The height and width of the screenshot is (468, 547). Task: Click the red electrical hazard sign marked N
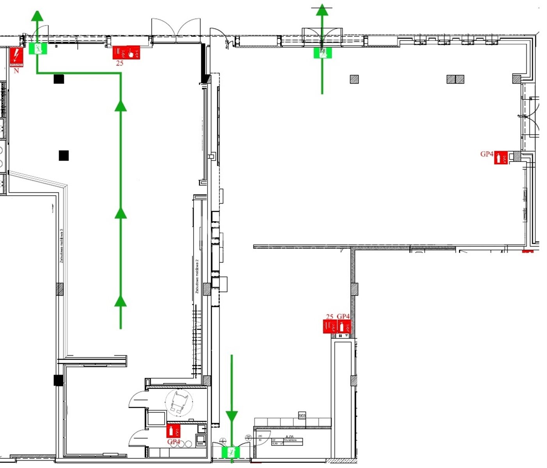pos(16,57)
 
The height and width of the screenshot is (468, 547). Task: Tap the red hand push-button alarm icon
pos(133,52)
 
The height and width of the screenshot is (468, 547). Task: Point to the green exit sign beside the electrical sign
pos(38,48)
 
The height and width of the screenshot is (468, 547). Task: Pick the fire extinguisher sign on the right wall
pos(501,158)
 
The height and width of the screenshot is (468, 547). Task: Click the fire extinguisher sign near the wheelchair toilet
pos(173,431)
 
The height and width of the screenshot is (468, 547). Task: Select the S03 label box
pos(302,416)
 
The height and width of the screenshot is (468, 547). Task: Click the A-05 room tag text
pos(289,437)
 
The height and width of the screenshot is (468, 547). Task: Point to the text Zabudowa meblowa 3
pos(62,246)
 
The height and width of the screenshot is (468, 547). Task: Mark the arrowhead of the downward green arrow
pos(232,416)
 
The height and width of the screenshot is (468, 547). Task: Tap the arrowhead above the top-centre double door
pos(322,10)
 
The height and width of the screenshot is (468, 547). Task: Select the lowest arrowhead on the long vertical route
pos(121,301)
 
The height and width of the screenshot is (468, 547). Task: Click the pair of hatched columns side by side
pos(455,79)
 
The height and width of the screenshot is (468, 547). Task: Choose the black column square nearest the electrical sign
pos(59,79)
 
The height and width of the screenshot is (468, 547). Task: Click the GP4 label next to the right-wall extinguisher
pos(487,154)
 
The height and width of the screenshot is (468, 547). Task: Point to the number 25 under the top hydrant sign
pos(120,63)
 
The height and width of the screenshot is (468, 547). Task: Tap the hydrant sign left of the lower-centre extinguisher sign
pos(330,326)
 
